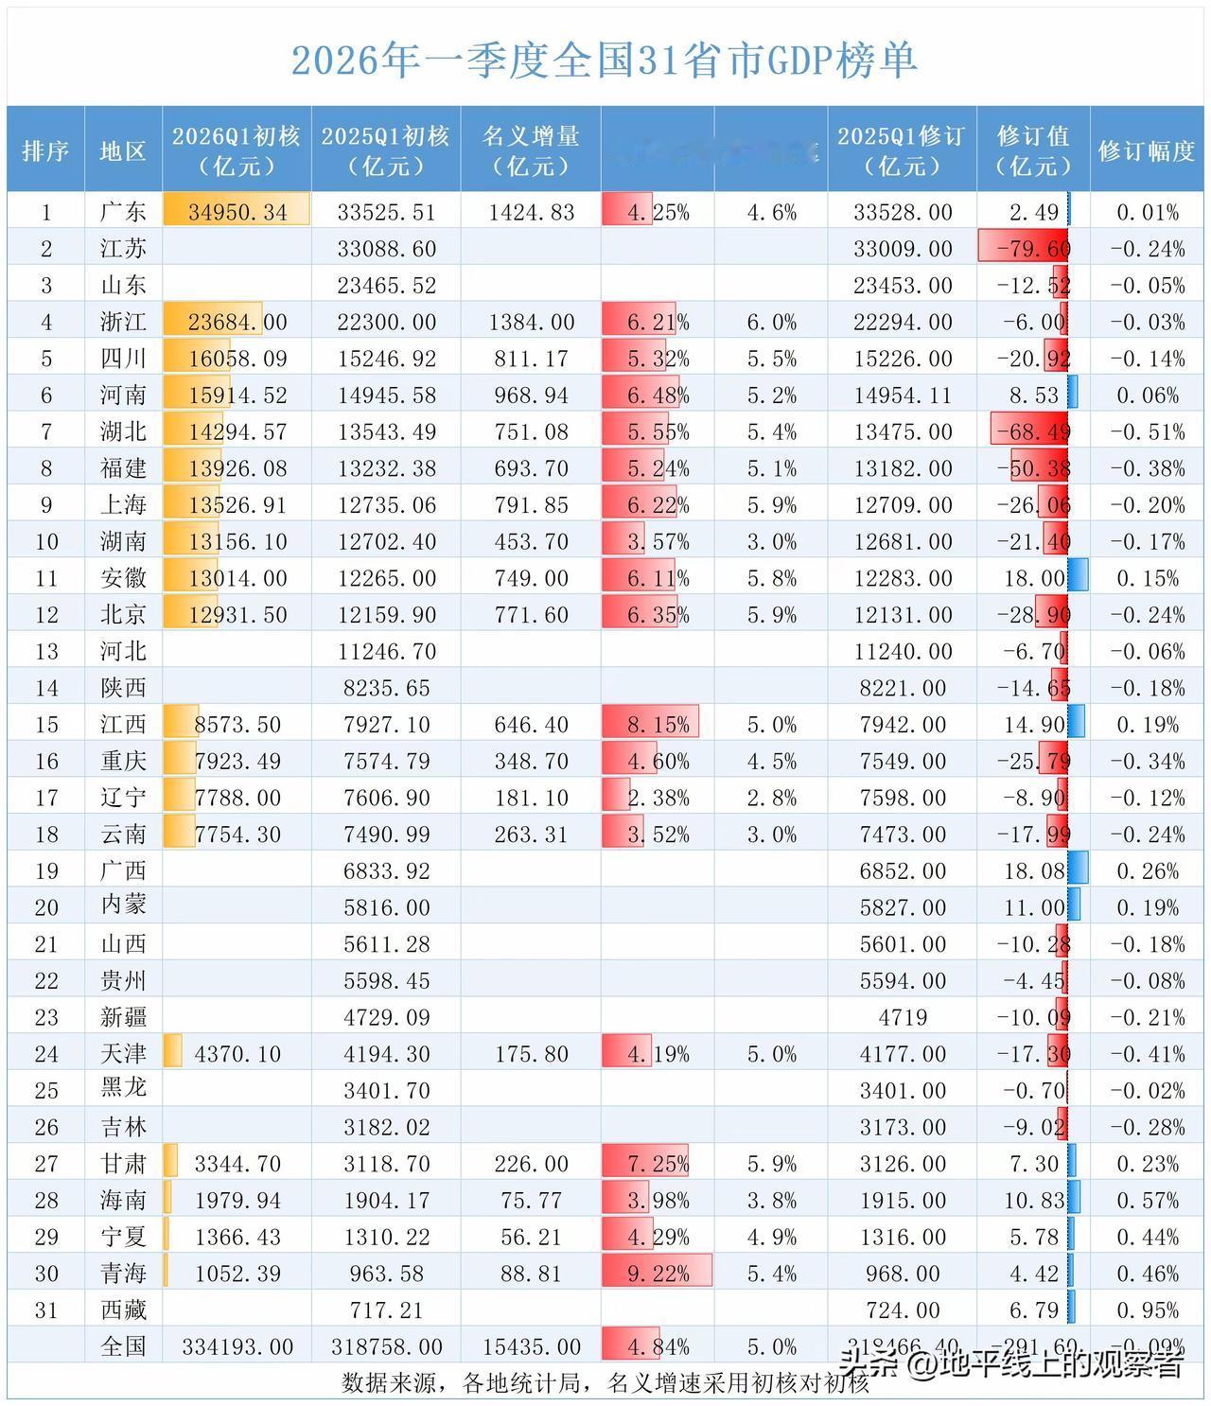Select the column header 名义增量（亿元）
(531, 150)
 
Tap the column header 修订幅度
(1147, 150)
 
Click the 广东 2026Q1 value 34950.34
(237, 212)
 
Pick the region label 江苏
(123, 249)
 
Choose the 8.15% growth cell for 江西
(658, 725)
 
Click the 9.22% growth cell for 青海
(658, 1274)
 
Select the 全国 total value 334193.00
(237, 1346)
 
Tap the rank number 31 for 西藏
(46, 1310)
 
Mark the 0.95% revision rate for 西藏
(1147, 1310)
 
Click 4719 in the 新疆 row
(902, 1018)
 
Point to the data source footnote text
(605, 1383)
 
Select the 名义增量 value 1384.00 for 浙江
(531, 323)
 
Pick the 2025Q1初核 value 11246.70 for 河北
(386, 652)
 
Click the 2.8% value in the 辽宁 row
(771, 799)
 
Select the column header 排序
(46, 150)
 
